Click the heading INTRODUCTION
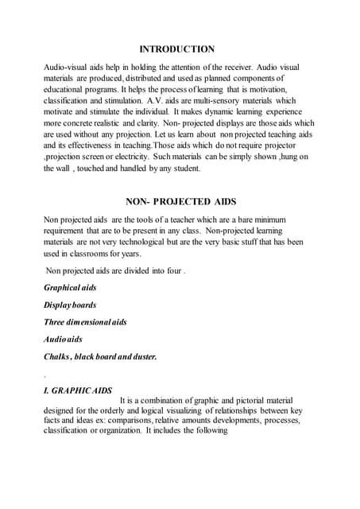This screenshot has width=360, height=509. coord(177,49)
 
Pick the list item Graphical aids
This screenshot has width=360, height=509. coord(70,287)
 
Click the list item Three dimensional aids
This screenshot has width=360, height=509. coord(85,322)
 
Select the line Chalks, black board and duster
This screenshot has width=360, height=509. coord(100,357)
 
